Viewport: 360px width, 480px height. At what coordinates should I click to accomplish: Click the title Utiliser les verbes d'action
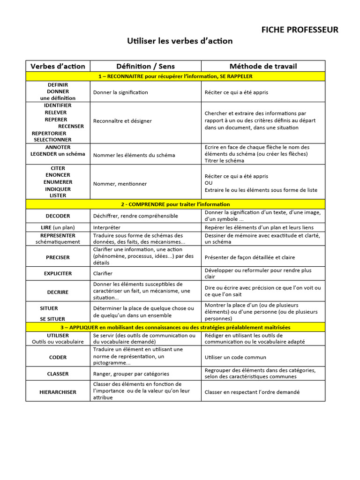pos(180,41)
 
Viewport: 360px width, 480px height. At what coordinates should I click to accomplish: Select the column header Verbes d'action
pos(58,66)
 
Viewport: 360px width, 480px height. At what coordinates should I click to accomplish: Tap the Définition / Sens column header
pos(145,66)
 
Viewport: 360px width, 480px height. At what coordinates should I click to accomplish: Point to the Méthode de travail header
pos(263,66)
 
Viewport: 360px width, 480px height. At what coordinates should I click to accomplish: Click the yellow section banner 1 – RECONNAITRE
pos(175,76)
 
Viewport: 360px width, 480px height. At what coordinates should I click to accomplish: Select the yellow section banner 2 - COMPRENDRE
pos(175,204)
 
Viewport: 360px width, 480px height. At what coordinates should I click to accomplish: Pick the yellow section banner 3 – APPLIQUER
pos(175,327)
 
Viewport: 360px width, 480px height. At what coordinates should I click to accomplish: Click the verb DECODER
pos(58,216)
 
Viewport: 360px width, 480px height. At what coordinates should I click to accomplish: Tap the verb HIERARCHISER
pos(58,392)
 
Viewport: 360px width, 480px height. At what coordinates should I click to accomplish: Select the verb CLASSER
pos(58,374)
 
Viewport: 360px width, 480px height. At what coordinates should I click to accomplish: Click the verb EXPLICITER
pos(58,273)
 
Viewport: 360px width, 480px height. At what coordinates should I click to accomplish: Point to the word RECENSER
pos(71,126)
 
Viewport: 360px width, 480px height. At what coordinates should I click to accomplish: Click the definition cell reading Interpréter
pos(107,227)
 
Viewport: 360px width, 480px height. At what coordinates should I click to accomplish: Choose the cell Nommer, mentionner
pos(120,184)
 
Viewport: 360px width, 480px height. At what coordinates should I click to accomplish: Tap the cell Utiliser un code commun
pos(235,357)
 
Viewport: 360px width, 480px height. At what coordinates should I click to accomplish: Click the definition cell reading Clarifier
pos(103,273)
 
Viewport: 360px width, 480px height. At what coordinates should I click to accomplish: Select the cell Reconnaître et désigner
pos(122,121)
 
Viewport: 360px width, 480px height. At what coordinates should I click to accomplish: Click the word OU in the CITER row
pos(209,183)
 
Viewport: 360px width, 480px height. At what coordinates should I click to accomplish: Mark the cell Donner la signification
pos(120,92)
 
